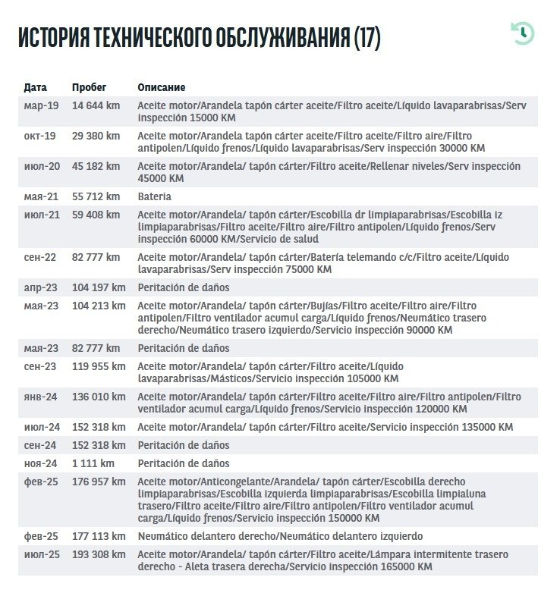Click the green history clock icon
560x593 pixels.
pyautogui.click(x=523, y=33)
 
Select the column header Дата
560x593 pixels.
pyautogui.click(x=35, y=87)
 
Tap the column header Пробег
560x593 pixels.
pyautogui.click(x=90, y=87)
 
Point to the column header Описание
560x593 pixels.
pyautogui.click(x=161, y=87)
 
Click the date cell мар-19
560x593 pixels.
pyautogui.click(x=41, y=105)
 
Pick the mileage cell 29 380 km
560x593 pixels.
pyautogui.click(x=96, y=136)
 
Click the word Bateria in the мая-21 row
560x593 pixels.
pyautogui.click(x=154, y=196)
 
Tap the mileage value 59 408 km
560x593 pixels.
pyautogui.click(x=96, y=215)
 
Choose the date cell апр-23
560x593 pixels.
pyautogui.click(x=41, y=287)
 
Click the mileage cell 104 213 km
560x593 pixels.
pyautogui.click(x=99, y=306)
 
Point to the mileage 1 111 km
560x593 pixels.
pyautogui.click(x=93, y=463)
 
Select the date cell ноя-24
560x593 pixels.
pyautogui.click(x=41, y=463)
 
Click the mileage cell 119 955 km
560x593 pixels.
pyautogui.click(x=99, y=366)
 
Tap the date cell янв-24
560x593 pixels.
pyautogui.click(x=41, y=397)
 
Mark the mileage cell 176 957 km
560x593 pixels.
pyautogui.click(x=99, y=482)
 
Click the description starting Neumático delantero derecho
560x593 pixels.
pyautogui.click(x=280, y=536)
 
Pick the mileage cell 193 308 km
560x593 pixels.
pyautogui.click(x=99, y=554)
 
